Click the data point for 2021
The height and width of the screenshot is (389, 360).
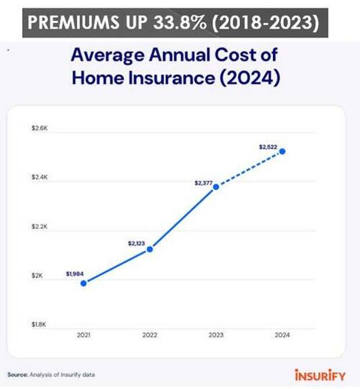[84, 283]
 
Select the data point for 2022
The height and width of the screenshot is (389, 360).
[150, 249]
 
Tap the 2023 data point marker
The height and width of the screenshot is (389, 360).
[216, 187]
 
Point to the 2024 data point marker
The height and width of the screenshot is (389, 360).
[283, 152]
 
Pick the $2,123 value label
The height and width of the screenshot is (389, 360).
[137, 243]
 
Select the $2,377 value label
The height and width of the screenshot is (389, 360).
[204, 183]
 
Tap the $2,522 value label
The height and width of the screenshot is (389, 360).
[268, 147]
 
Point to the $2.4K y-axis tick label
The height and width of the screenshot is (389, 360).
[39, 177]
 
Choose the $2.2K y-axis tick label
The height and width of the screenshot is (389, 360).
[39, 226]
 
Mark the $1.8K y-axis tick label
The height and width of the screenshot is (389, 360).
[39, 325]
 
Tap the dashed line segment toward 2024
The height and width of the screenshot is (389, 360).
[250, 169]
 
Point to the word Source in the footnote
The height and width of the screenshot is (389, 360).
[17, 374]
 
